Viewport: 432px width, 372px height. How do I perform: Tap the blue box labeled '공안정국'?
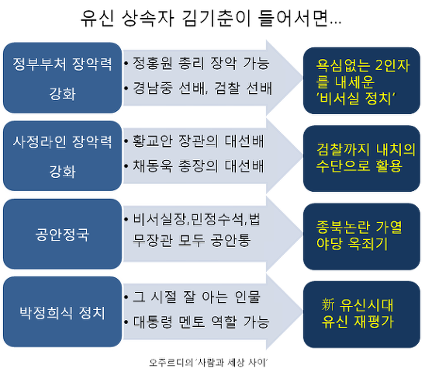(x=62, y=234)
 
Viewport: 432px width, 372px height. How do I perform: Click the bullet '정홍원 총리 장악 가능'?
(x=198, y=63)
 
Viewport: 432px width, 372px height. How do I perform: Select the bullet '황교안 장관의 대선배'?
(x=198, y=142)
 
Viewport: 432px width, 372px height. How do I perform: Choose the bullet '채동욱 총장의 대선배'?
(x=198, y=167)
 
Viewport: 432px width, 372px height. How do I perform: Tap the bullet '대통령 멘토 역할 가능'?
(x=198, y=322)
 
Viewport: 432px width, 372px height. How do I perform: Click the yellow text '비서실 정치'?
(x=358, y=97)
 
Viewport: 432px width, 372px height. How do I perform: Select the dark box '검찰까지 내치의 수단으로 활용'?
(x=361, y=156)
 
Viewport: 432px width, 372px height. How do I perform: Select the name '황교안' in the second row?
(x=152, y=142)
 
